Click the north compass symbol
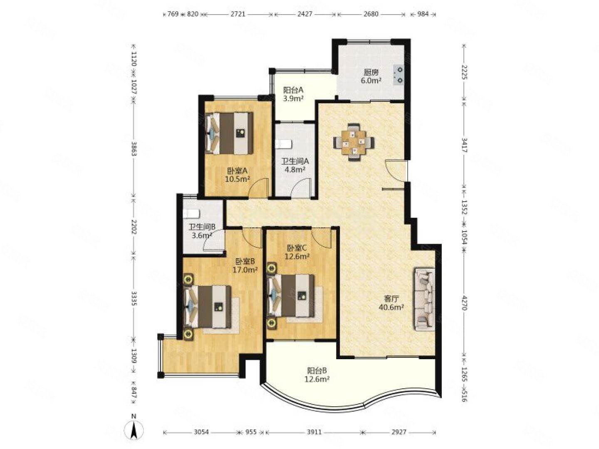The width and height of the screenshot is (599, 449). point(134,431)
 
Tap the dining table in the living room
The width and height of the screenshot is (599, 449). point(354,142)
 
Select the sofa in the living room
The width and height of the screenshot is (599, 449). point(424,299)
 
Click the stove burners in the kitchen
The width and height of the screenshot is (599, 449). point(399,75)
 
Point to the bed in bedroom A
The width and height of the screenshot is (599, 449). point(229,133)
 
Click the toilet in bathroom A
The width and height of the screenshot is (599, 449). point(283,144)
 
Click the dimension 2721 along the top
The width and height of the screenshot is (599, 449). point(238,14)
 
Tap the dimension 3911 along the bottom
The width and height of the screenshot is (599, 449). point(314,432)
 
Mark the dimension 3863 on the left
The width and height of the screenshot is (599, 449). point(134,148)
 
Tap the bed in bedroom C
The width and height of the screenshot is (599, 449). point(291,296)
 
